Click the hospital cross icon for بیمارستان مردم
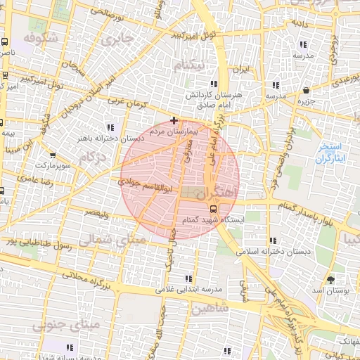tap(174, 120)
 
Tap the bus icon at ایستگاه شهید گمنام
tap(213, 208)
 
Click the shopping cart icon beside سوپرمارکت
tap(53, 154)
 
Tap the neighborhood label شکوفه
tap(39, 37)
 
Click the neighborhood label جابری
tap(117, 41)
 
